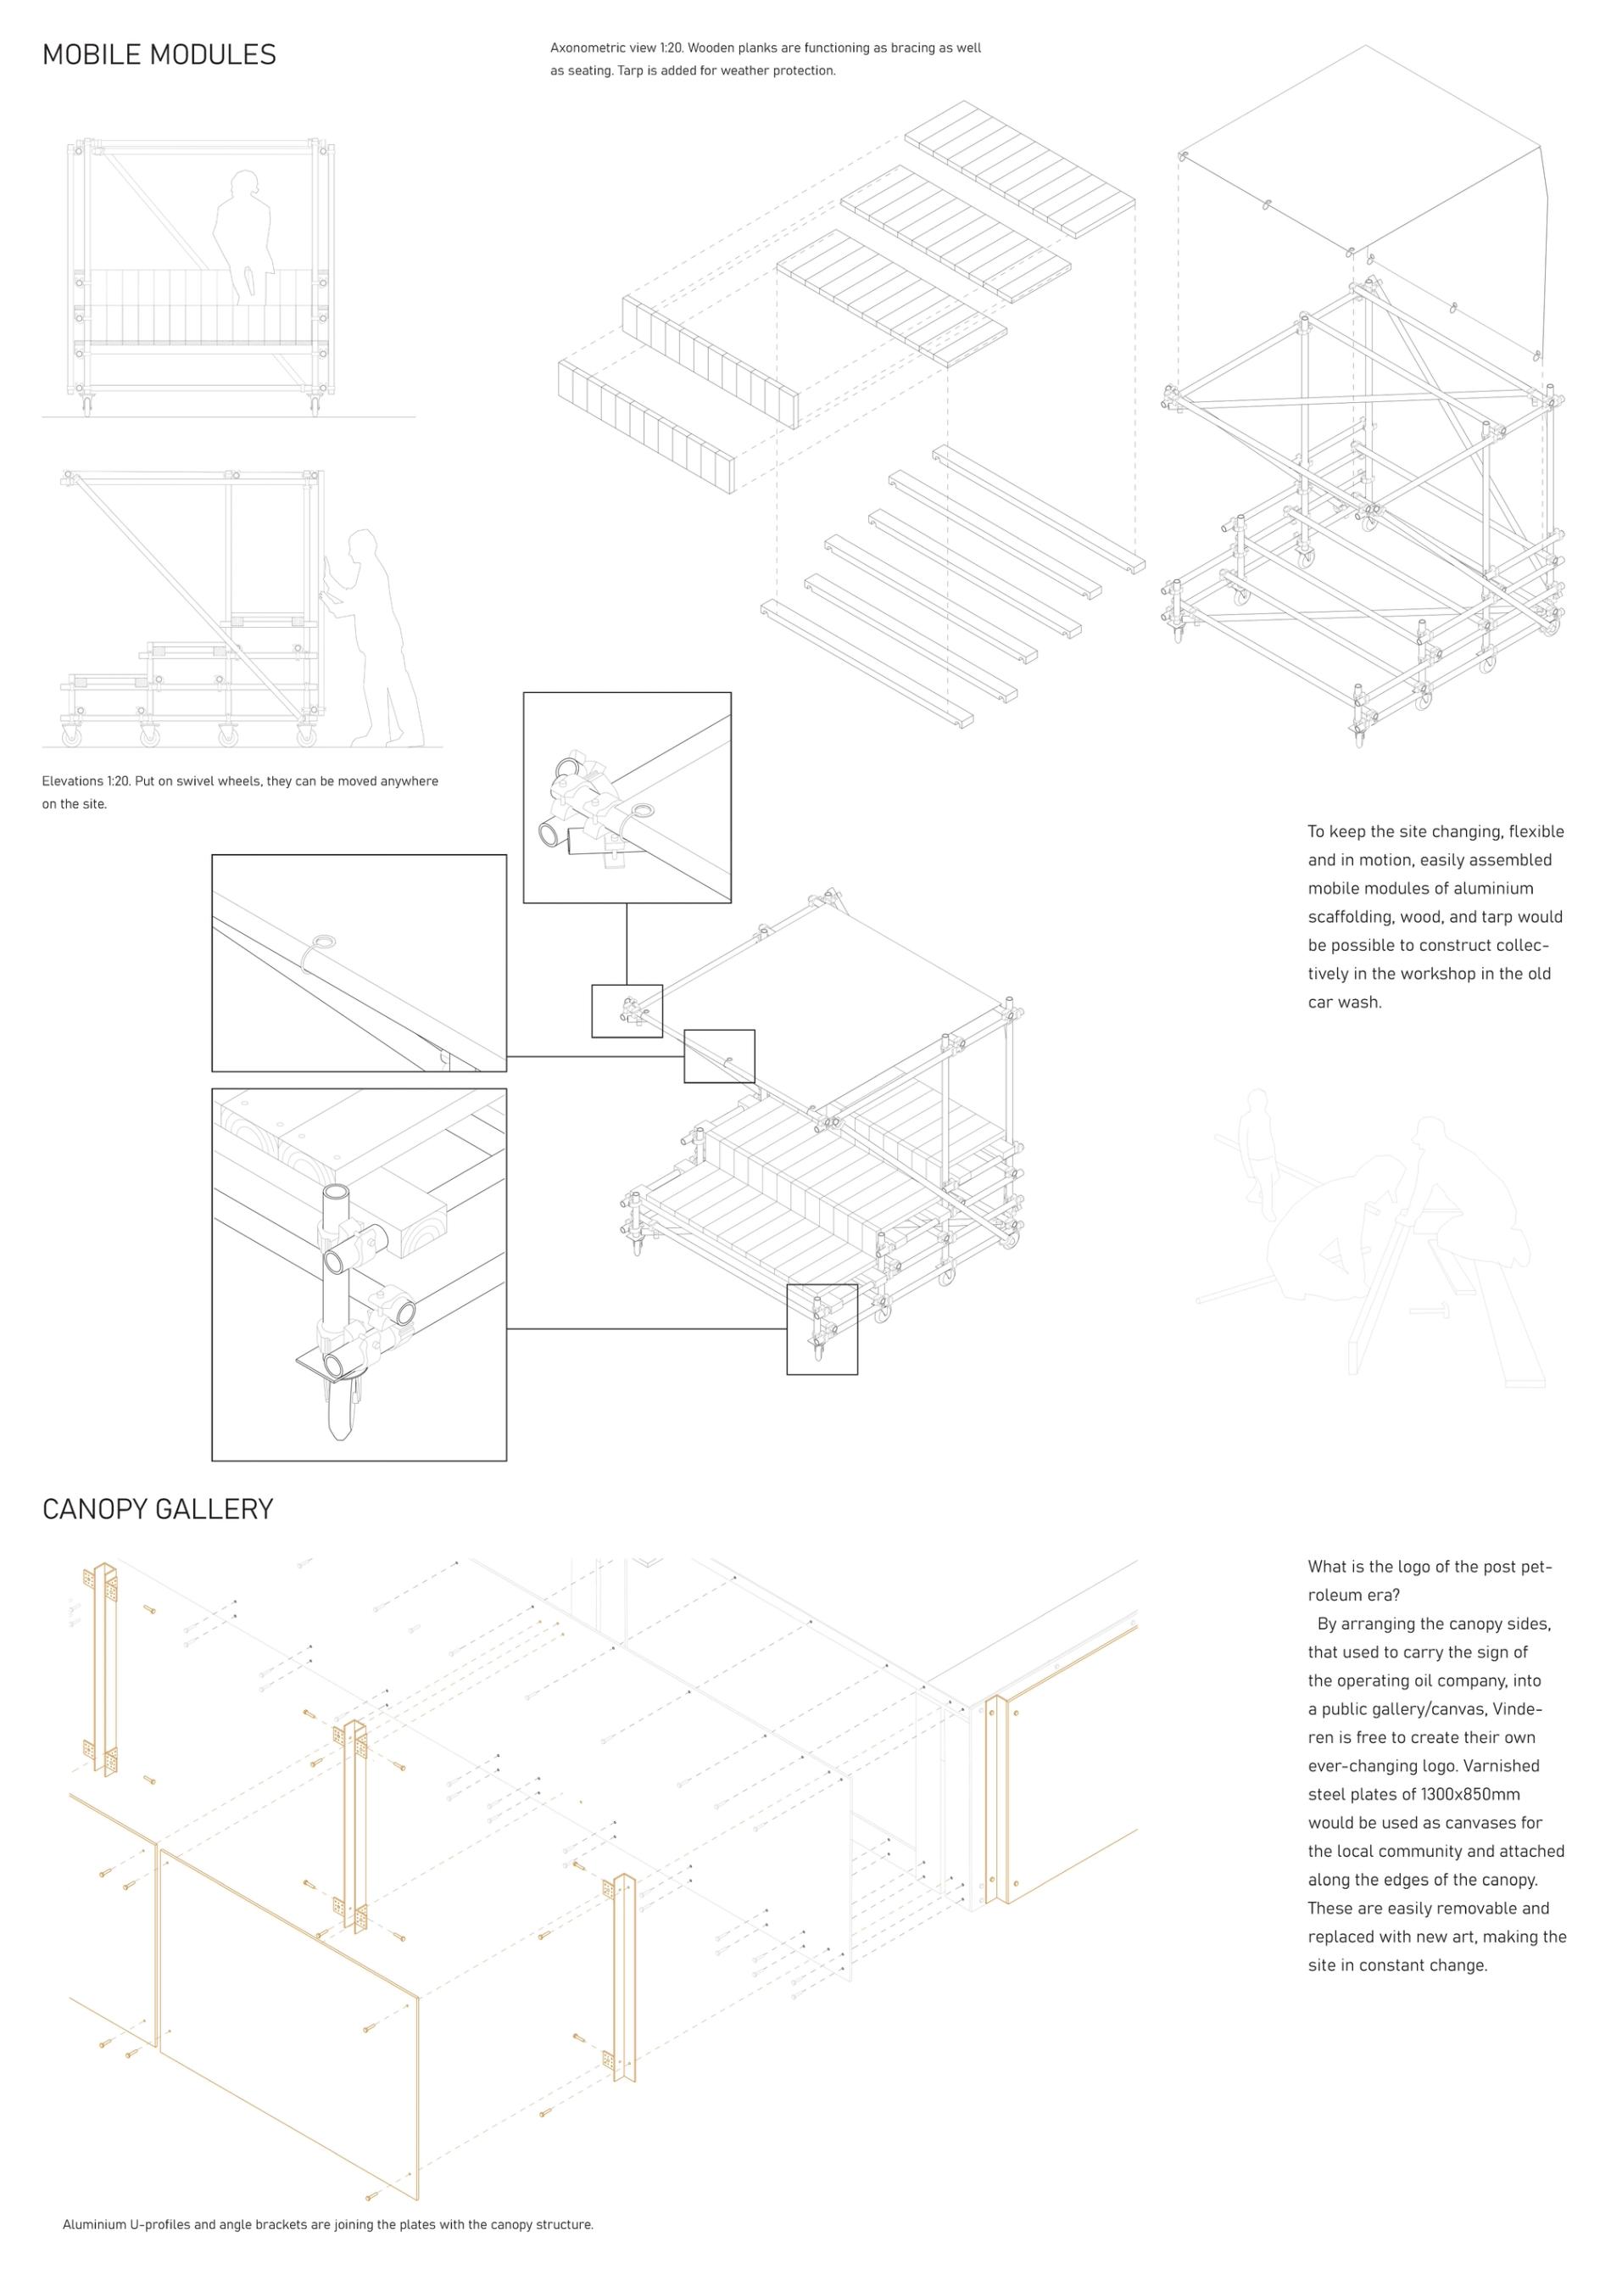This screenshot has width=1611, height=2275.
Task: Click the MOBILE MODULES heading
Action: coord(159,54)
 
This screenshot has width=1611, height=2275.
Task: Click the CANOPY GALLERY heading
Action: coord(157,1509)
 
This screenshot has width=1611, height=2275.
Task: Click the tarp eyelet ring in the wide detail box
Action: coord(323,942)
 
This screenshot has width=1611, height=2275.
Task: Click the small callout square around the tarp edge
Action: coord(719,1056)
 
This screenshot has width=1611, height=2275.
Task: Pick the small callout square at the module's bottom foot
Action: coord(822,1328)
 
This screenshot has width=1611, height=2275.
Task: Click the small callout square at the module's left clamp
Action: coord(627,1011)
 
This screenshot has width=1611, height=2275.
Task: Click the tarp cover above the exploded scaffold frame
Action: coord(1359,148)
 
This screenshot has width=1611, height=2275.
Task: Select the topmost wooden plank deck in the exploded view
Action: coord(1020,168)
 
